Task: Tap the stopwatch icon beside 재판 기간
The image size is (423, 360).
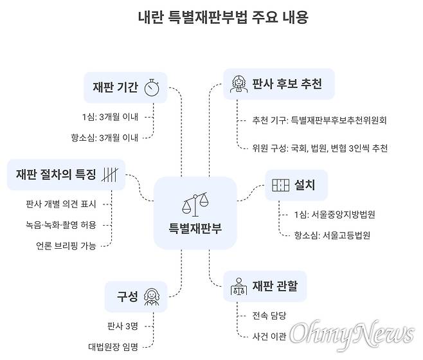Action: pyautogui.click(x=152, y=87)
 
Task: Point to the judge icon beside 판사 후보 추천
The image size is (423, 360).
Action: pyautogui.click(x=237, y=84)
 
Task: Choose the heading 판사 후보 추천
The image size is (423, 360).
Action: pyautogui.click(x=287, y=84)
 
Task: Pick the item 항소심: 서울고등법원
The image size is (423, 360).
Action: pyautogui.click(x=328, y=235)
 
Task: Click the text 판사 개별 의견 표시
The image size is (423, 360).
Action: pyautogui.click(x=60, y=204)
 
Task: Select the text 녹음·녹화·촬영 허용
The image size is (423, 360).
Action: pyautogui.click(x=60, y=225)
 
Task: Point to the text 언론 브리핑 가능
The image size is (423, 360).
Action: pyautogui.click(x=66, y=246)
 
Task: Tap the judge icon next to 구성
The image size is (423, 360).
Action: pyautogui.click(x=152, y=296)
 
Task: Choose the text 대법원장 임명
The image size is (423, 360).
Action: pyautogui.click(x=113, y=346)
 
